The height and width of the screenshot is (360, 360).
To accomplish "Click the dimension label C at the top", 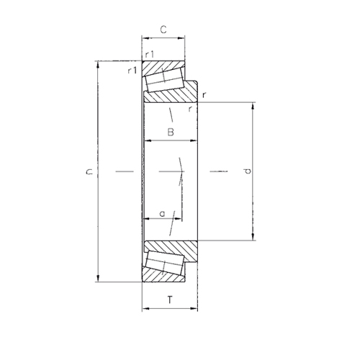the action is (163, 30).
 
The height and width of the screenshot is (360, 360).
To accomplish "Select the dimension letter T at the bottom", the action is (170, 300).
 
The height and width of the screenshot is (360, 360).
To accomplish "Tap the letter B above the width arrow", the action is (171, 132).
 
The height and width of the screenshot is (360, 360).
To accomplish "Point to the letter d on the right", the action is (248, 171).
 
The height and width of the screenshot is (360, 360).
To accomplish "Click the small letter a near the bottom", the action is (163, 214).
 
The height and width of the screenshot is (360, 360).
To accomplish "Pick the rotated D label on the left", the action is (89, 171).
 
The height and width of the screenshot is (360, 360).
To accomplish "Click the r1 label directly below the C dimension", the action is (149, 55).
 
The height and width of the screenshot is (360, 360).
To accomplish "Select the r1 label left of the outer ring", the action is (132, 71).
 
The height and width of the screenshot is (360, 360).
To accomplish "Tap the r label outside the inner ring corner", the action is (204, 95).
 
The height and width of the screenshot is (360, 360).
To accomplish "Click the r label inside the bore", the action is (190, 109).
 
